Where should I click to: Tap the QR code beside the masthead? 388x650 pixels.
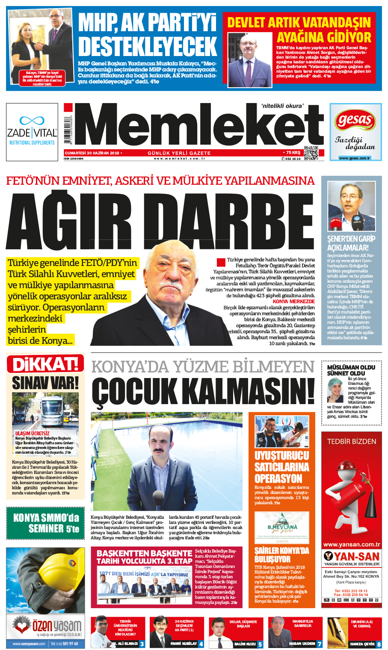coord(311,153)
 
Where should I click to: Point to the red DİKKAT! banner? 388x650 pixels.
coord(45,364)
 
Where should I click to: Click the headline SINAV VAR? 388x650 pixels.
coord(45,382)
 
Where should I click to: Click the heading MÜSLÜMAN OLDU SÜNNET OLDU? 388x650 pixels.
coord(351,370)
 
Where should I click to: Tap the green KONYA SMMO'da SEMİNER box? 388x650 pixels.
coord(46,523)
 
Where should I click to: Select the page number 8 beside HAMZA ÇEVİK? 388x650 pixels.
coord(379,644)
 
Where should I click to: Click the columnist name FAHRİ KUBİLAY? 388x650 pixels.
coord(184,643)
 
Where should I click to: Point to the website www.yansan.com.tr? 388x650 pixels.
coord(351,544)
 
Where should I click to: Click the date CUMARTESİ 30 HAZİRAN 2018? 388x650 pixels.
coord(92,153)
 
